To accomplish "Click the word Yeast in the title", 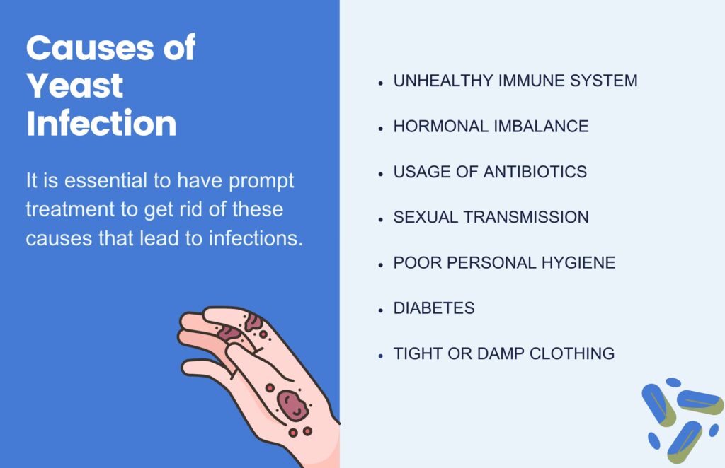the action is [x=75, y=86].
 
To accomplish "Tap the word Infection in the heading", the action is [x=102, y=123].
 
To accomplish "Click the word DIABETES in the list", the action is [x=434, y=308].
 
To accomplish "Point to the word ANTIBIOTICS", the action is [x=535, y=172].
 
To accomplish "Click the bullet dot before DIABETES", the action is [x=380, y=310].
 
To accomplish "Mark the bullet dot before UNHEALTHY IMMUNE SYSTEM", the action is [x=380, y=83].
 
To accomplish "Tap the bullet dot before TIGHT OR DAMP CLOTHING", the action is [x=380, y=356].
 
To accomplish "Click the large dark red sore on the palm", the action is [x=292, y=405].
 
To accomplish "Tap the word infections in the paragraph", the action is [x=256, y=238].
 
